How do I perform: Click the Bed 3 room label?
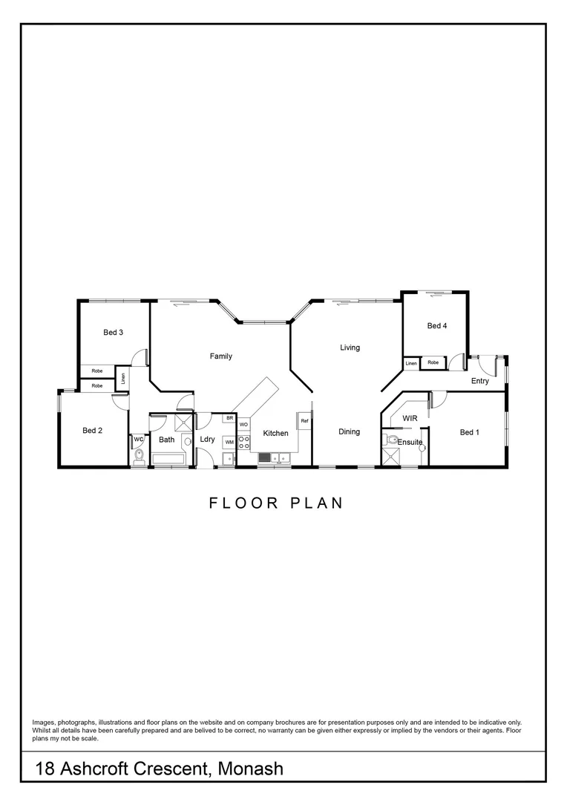coord(113,333)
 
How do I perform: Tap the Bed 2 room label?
coord(92,431)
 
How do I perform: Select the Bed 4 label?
coord(437,326)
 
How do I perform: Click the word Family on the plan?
coord(220,356)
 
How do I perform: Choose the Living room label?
coord(350,348)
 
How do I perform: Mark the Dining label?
coord(349,432)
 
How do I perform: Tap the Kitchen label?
coord(275,434)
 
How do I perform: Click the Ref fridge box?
coord(304,421)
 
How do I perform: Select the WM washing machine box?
coord(229,443)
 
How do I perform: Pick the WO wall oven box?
coord(243,425)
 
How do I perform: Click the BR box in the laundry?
coord(230,419)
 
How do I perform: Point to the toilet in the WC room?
coord(138,455)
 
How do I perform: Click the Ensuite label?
coord(410,443)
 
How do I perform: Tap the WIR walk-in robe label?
coord(410,419)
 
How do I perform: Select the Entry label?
coord(479,382)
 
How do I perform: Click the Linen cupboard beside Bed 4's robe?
coord(411,363)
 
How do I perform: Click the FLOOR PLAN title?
coord(276,503)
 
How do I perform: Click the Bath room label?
coord(166,440)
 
